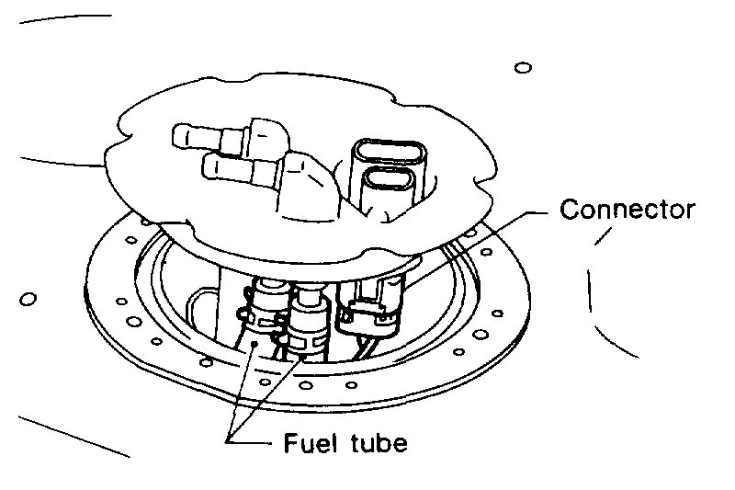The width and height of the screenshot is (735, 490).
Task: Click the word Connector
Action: coord(628,210)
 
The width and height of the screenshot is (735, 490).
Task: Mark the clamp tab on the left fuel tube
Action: coord(247,296)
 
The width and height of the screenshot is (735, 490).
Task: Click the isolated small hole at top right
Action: coord(523,67)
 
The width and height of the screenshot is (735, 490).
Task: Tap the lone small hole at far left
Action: coord(28,299)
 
